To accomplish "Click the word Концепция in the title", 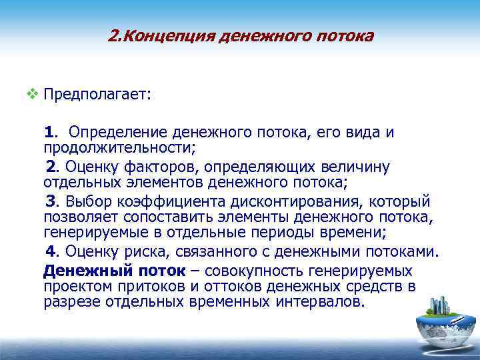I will click(x=160, y=35).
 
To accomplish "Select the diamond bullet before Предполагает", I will click(x=31, y=94).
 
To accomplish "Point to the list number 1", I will click(x=51, y=132).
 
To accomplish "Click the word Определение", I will click(x=109, y=132).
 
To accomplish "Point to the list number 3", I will click(x=50, y=202).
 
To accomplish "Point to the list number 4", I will click(x=50, y=252).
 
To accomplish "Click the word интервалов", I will click(x=319, y=301).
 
